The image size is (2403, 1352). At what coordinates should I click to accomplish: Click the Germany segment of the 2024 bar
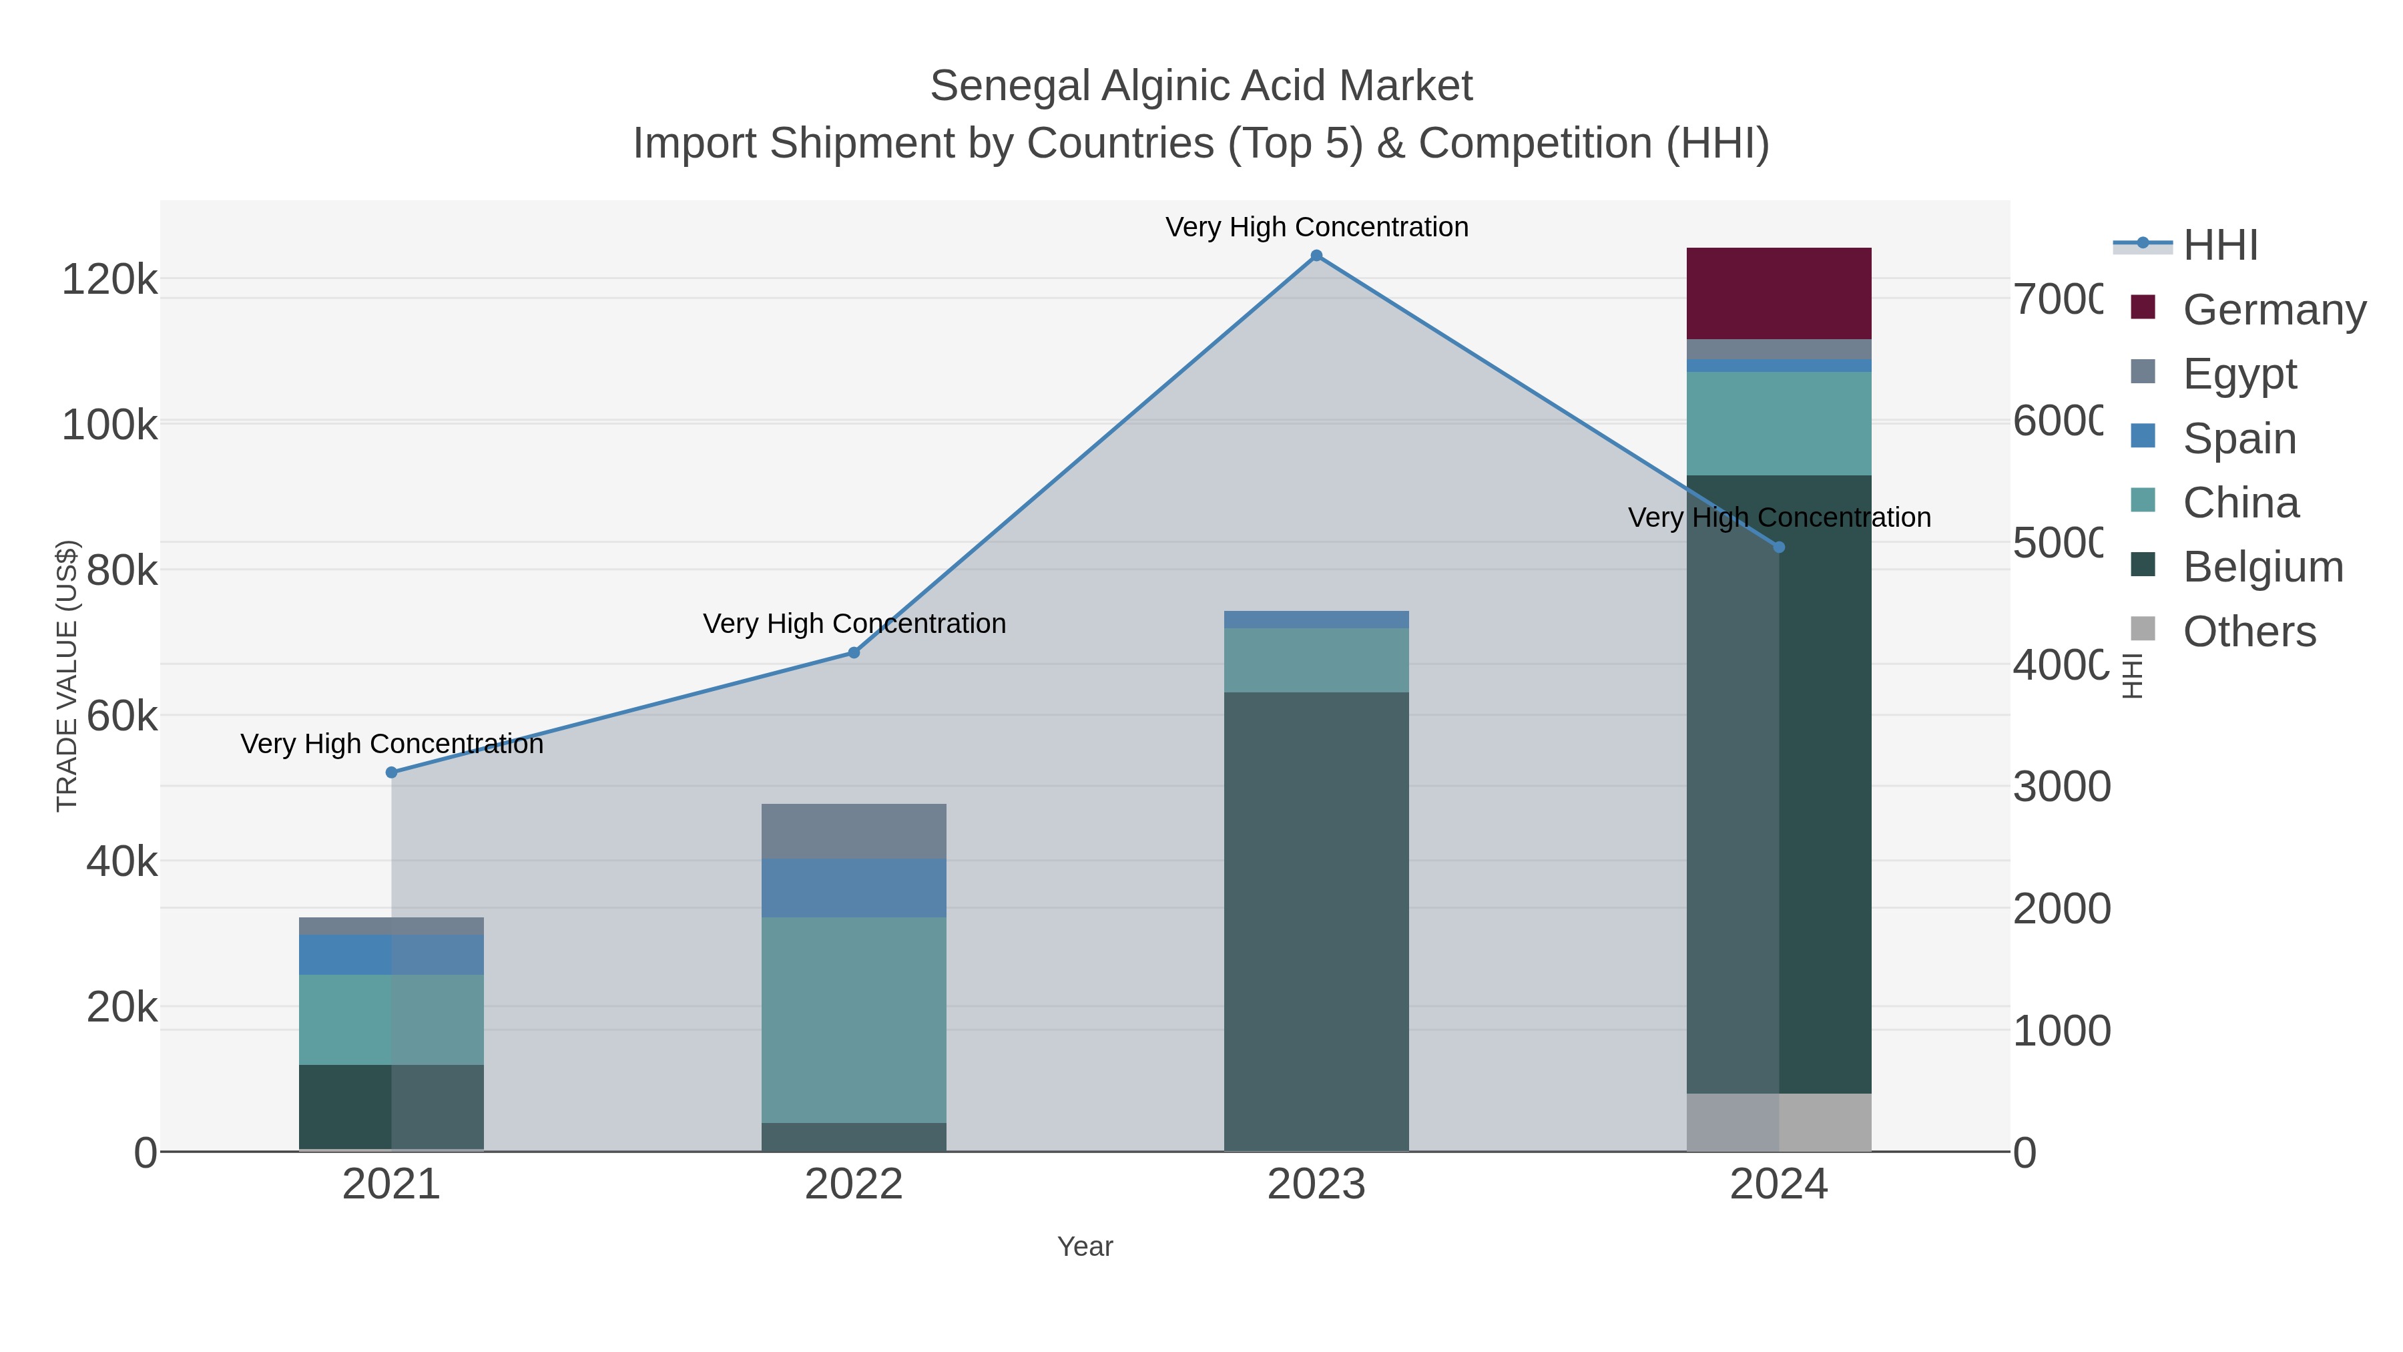tap(1778, 293)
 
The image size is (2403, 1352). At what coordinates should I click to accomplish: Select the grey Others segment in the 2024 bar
tap(1778, 1122)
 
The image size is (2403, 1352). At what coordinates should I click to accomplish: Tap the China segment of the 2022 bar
tap(854, 1019)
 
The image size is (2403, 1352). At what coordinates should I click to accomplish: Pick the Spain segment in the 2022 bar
tap(854, 887)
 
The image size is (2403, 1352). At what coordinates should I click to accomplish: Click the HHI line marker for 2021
tap(392, 772)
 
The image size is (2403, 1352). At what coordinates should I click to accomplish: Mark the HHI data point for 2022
tap(854, 653)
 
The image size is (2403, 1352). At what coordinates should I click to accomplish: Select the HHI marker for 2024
tap(1779, 547)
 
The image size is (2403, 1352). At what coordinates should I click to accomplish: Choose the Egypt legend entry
tap(2238, 374)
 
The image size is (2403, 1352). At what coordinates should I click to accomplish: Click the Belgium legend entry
tap(2262, 568)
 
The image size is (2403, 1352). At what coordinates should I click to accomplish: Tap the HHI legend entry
tap(2220, 246)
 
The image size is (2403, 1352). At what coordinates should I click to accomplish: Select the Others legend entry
tap(2248, 632)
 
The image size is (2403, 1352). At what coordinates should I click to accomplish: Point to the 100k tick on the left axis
tap(110, 425)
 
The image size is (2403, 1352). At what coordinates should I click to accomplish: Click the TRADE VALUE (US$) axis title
tap(67, 676)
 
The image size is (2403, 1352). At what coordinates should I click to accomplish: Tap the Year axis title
tap(1085, 1247)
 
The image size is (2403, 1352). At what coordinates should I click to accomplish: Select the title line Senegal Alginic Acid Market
tap(1201, 87)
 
